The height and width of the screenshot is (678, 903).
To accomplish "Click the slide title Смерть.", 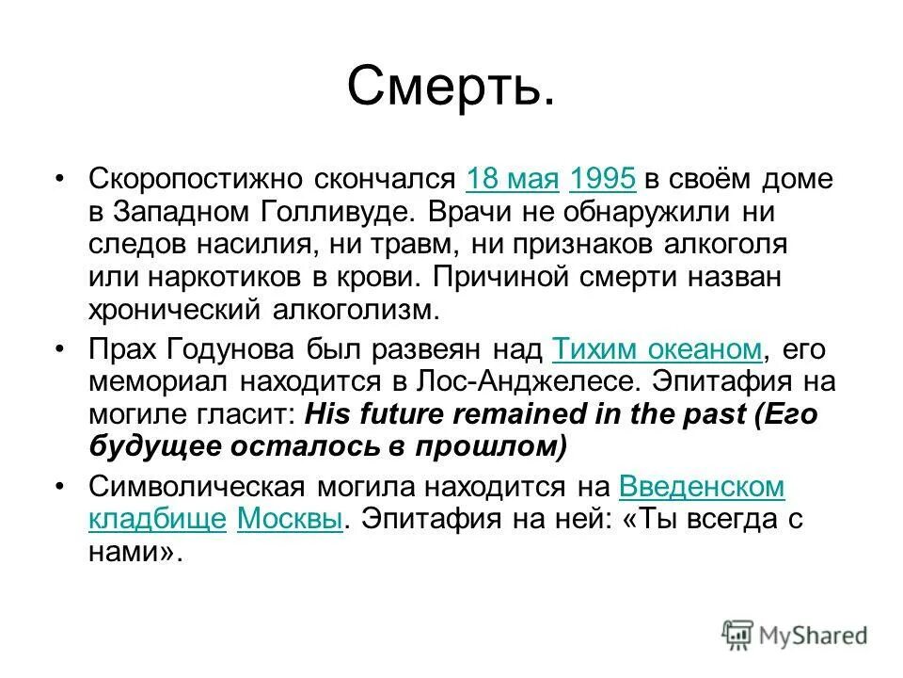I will (451, 87).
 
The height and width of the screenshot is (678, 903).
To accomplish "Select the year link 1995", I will (603, 179).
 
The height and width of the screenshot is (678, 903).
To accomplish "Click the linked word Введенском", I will (702, 486).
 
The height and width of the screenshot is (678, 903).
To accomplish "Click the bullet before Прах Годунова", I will (60, 349).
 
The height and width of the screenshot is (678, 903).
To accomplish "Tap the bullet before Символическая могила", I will (60, 486).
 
